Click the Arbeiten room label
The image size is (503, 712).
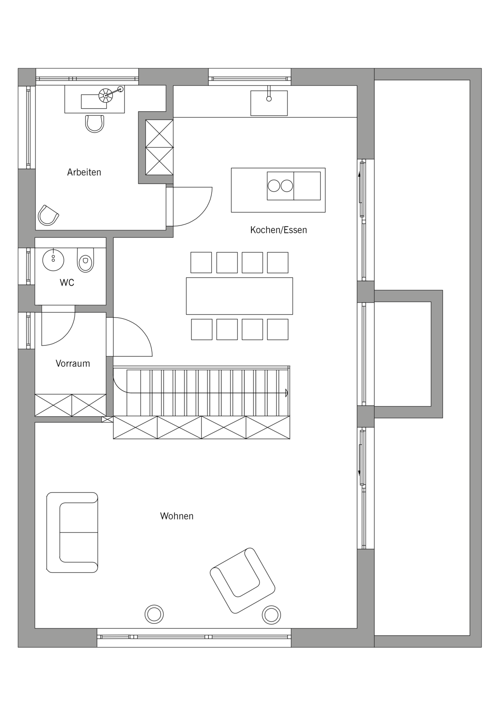pos(84,172)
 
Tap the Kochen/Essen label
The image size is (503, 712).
pos(278,230)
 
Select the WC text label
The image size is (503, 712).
pos(67,282)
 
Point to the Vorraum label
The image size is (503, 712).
pos(73,363)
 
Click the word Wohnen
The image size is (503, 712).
pos(176,516)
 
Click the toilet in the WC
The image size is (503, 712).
pos(86,260)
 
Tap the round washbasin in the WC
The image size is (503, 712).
pos(53,260)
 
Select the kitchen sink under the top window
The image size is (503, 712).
pos(269,103)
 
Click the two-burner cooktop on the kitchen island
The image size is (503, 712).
pos(280,186)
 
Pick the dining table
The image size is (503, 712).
pos(239,296)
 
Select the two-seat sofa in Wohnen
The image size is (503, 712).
pos(73,532)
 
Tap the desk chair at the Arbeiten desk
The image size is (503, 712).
pos(95,124)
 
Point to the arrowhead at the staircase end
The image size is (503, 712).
pos(287,393)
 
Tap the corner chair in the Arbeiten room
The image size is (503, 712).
pos(48,216)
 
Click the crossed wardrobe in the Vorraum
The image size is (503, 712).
pos(70,405)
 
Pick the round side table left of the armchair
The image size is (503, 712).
pos(154,614)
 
